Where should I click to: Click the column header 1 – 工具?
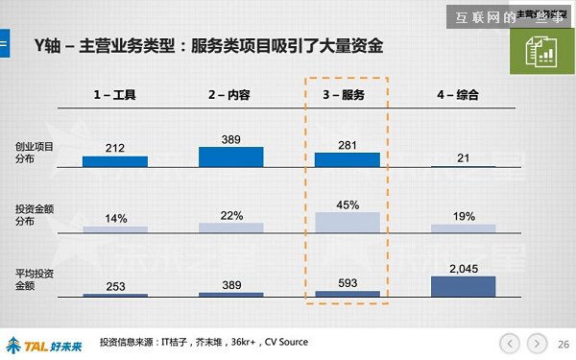(x=115, y=95)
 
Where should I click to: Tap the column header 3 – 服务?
(x=347, y=95)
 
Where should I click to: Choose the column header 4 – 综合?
(x=462, y=95)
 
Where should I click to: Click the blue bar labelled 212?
(x=115, y=161)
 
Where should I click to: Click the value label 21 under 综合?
(x=464, y=157)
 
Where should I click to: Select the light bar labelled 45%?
(x=347, y=222)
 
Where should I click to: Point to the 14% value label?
(x=115, y=218)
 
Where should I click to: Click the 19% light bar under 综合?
(x=464, y=228)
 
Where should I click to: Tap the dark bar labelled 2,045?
(x=464, y=285)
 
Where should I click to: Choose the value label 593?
(x=347, y=282)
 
